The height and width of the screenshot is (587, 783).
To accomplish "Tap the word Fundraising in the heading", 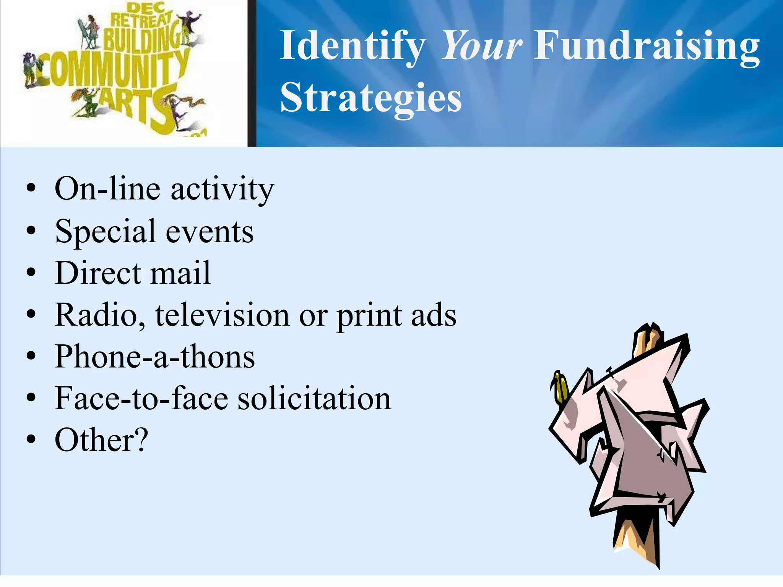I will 646,46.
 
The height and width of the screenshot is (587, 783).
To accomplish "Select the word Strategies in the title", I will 371,98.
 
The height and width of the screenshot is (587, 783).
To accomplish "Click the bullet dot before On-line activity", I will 31,188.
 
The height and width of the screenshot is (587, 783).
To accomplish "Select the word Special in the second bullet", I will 105,231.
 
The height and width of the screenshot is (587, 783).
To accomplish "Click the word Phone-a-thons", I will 154,357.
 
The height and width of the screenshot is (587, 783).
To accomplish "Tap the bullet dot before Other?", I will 31,439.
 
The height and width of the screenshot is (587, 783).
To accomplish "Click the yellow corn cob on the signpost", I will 559,387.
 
